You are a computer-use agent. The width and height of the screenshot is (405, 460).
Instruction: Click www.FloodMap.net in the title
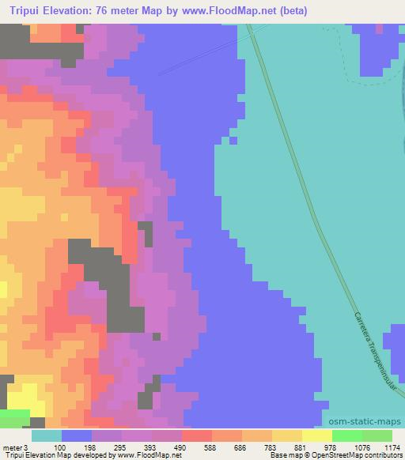coord(237,11)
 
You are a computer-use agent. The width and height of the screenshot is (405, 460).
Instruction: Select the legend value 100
coord(61,447)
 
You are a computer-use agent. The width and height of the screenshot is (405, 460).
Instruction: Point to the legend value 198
coord(92,447)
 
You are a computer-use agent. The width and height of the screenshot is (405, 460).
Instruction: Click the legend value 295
coord(122,447)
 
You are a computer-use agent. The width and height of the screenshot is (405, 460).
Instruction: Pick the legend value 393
coord(152,447)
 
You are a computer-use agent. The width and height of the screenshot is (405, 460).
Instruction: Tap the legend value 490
coord(182,447)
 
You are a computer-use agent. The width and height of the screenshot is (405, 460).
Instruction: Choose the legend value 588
coord(212,447)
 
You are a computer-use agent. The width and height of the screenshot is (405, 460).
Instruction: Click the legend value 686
coord(242,447)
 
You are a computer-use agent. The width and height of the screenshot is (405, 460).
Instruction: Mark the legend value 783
coord(272,447)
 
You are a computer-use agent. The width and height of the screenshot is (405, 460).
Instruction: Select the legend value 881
coord(302,447)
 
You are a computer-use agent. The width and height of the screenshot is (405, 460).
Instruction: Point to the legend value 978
coord(332,447)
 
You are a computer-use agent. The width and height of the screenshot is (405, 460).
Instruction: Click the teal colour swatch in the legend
coord(46,435)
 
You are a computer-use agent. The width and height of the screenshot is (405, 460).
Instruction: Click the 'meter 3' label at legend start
coord(16,447)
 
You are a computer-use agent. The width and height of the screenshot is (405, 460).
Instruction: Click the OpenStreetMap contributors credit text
coord(356,455)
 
